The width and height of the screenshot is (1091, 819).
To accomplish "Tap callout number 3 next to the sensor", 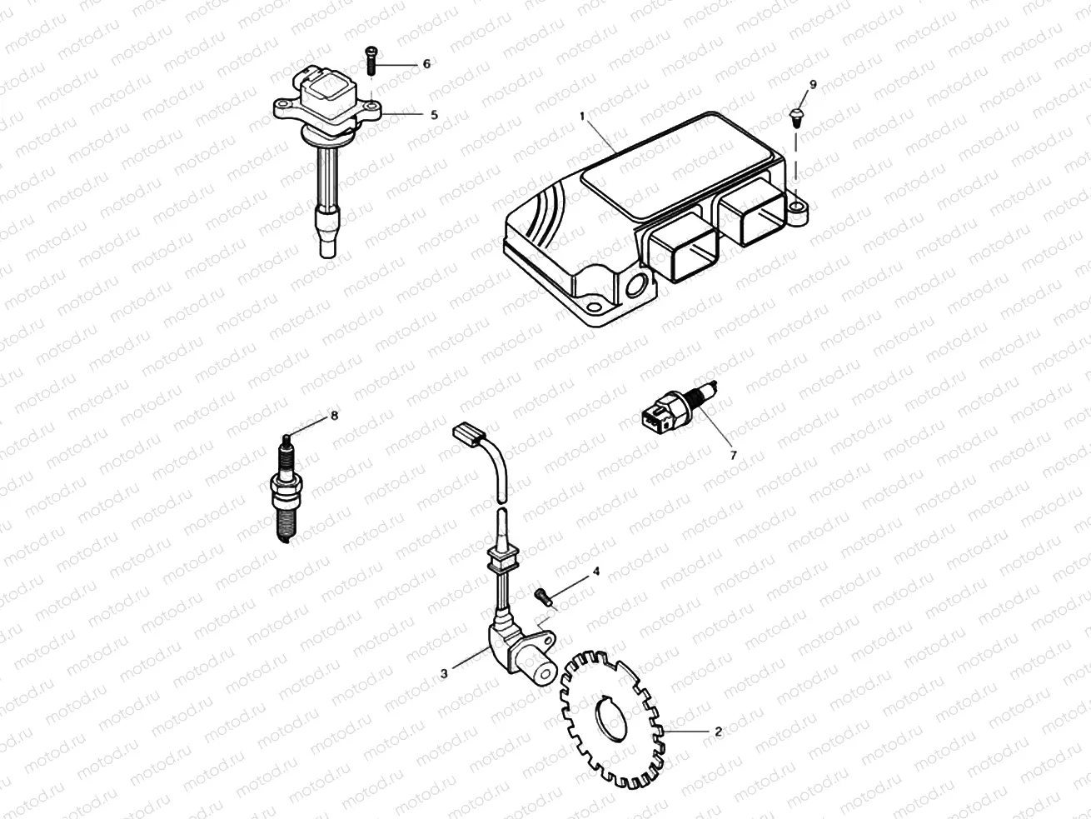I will [445, 673].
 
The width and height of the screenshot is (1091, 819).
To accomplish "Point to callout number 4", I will [595, 572].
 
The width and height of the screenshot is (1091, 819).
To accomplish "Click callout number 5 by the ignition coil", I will [433, 115].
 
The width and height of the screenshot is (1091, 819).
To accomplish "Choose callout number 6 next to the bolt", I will [426, 64].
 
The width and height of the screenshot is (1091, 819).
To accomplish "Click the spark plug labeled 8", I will [283, 492].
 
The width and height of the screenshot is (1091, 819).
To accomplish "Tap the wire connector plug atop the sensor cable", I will [468, 436].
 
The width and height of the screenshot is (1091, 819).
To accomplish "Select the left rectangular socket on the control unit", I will [685, 250].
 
